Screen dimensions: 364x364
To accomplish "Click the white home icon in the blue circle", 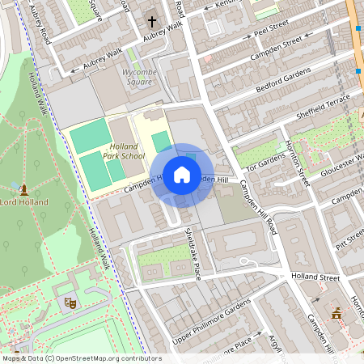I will [x=182, y=174].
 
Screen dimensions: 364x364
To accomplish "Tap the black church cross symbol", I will [x=152, y=21].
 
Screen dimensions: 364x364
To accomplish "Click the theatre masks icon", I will [x=70, y=302].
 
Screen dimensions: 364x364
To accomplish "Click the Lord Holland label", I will [x=24, y=202].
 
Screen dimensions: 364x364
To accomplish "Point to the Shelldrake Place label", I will [x=193, y=252].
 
